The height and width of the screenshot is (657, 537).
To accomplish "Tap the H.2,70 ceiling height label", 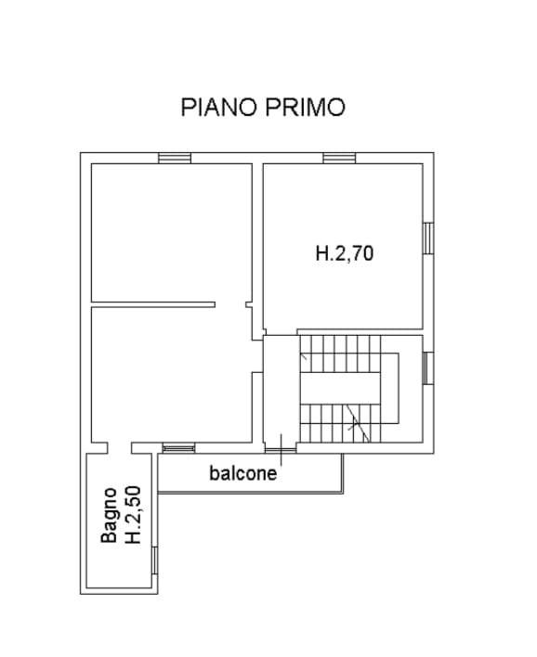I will point(344,252).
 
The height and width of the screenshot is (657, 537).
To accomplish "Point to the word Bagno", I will point(110,516).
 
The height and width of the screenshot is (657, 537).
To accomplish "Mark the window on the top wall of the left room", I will point(174,158).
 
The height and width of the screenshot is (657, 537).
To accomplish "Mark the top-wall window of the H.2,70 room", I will point(340,158).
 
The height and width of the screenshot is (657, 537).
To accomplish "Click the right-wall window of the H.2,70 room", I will point(428,238).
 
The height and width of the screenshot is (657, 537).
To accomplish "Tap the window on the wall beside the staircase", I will point(428,367).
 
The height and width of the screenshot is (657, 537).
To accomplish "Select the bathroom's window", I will point(155,560).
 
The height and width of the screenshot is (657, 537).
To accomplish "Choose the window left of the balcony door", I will point(178,449).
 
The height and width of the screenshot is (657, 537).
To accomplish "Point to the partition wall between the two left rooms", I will point(153,303).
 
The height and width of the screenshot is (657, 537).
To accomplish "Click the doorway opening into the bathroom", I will point(120,449).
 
